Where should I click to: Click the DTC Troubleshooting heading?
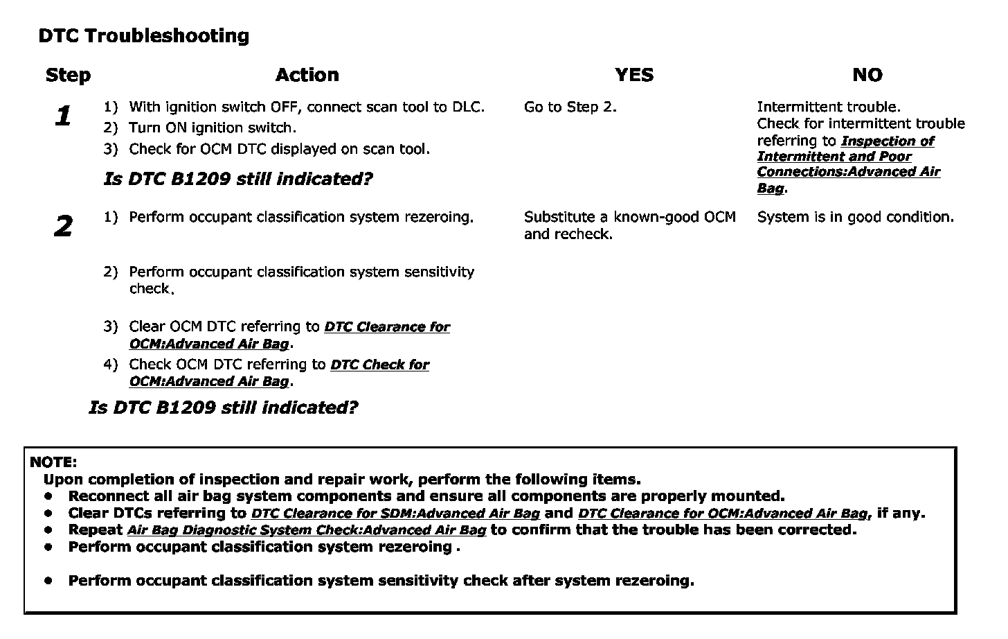[144, 36]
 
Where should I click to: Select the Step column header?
[68, 75]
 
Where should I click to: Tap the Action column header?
[307, 75]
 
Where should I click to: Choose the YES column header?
[633, 75]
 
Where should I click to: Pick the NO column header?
[867, 75]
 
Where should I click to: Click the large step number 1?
[63, 116]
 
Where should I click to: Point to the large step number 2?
[63, 226]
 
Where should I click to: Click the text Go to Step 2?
[570, 107]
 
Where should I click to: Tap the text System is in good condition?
[855, 217]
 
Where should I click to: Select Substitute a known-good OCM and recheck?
[629, 225]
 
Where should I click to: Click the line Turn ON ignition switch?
[212, 128]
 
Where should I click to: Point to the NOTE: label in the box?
[53, 462]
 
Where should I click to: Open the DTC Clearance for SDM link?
[395, 514]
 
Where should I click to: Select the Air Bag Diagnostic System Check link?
[306, 530]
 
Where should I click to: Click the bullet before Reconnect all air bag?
[48, 496]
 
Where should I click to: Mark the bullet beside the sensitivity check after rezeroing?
[48, 581]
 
